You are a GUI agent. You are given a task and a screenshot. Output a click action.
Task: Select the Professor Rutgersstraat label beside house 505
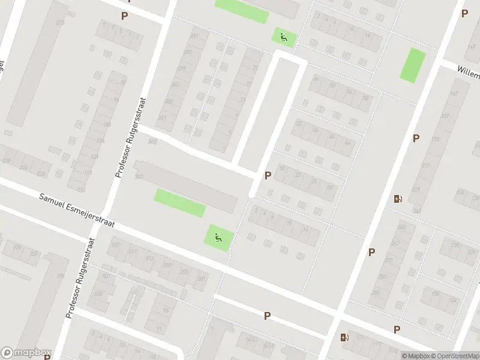click(80, 277)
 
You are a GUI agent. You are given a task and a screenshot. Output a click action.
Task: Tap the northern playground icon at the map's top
click(284, 37)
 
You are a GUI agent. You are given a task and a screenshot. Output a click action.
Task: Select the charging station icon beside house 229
click(397, 199)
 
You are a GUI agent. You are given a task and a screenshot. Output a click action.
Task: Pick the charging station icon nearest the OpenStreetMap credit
click(344, 338)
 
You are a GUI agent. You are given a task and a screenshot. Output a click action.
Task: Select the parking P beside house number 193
click(415, 138)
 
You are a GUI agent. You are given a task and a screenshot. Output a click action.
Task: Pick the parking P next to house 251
click(371, 252)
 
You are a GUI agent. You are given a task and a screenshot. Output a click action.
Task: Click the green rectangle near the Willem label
click(413, 65)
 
